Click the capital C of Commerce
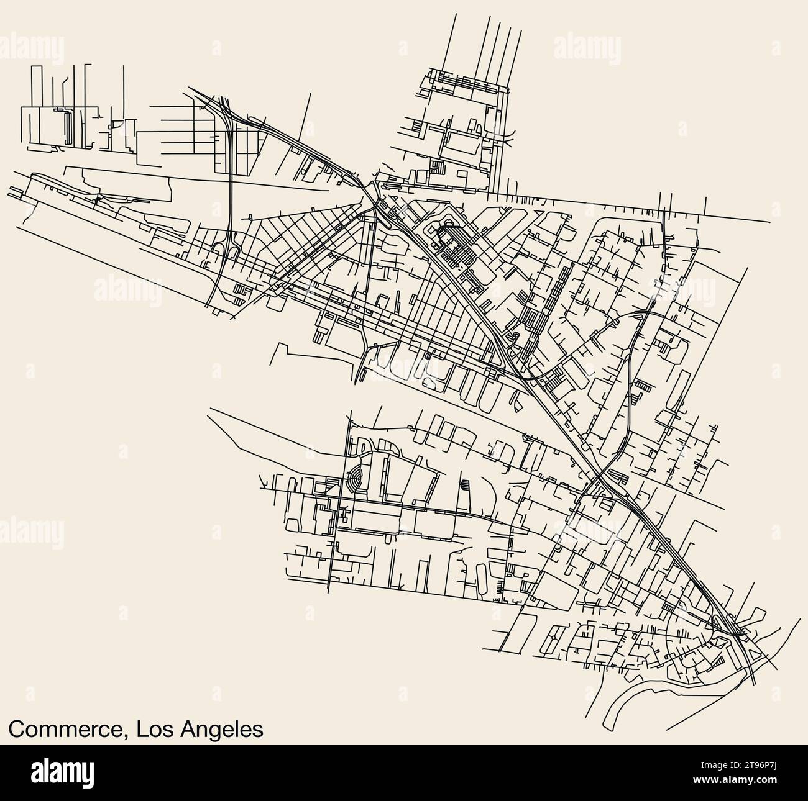pos(17,729)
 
